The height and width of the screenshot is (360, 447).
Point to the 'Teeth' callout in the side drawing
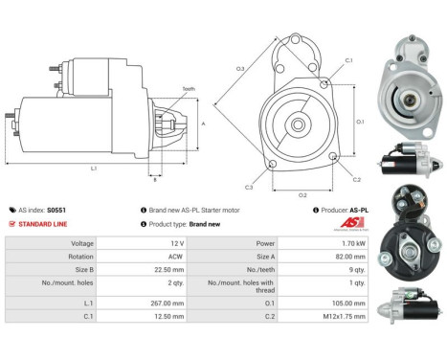(x=188, y=89)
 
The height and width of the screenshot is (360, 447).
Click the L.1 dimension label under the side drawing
(x=93, y=169)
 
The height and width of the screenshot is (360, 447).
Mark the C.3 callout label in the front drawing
(x=248, y=186)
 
